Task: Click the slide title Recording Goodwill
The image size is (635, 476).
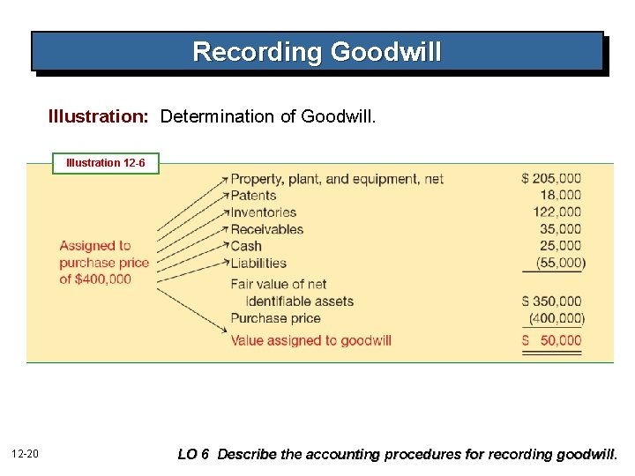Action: point(317,52)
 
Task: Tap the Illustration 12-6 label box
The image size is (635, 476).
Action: point(106,163)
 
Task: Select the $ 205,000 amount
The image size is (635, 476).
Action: point(551,179)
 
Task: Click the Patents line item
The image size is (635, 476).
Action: point(253,196)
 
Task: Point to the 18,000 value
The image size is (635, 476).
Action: point(561,196)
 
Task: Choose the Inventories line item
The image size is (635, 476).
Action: point(263,212)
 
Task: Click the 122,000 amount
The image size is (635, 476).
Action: point(557,212)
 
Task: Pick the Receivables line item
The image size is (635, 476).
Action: point(266,229)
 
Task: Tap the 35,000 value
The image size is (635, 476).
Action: point(561,229)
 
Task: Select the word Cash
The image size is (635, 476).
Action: point(246,246)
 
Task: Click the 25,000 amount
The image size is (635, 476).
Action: point(561,246)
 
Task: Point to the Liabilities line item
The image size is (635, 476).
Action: point(258,263)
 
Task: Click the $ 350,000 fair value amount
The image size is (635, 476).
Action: point(551,301)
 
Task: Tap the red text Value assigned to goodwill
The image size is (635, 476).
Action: point(310,340)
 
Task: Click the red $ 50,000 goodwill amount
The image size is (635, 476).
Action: point(551,340)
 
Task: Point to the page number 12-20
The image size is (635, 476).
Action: point(25,454)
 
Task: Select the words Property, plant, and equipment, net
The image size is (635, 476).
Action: point(337,179)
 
